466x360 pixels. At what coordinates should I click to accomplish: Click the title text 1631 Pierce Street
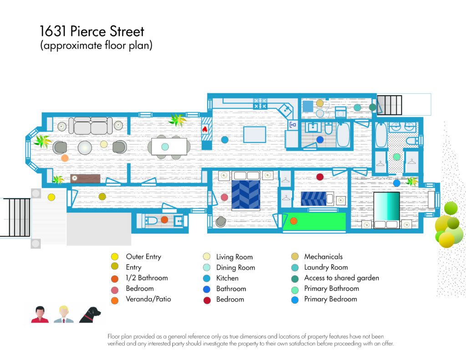(92, 31)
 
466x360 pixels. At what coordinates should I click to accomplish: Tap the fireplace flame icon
(205, 129)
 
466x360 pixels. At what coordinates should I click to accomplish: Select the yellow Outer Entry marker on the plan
(51, 197)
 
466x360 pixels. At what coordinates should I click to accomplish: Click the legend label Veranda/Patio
(148, 299)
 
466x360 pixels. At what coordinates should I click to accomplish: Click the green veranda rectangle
(314, 222)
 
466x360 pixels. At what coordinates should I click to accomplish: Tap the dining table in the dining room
(169, 147)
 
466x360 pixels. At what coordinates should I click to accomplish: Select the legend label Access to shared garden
(341, 278)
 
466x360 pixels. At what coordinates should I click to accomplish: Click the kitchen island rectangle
(255, 135)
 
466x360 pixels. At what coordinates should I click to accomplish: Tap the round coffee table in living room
(85, 147)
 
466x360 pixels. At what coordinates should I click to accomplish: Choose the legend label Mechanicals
(324, 257)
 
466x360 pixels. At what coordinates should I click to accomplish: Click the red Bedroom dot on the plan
(320, 177)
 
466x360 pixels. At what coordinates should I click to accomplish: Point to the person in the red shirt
(40, 314)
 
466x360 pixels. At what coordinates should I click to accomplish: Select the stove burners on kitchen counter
(260, 103)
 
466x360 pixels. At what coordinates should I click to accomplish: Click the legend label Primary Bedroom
(330, 299)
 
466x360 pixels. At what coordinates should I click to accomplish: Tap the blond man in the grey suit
(64, 314)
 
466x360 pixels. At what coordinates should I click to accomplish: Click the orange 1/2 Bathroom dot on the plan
(164, 220)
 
